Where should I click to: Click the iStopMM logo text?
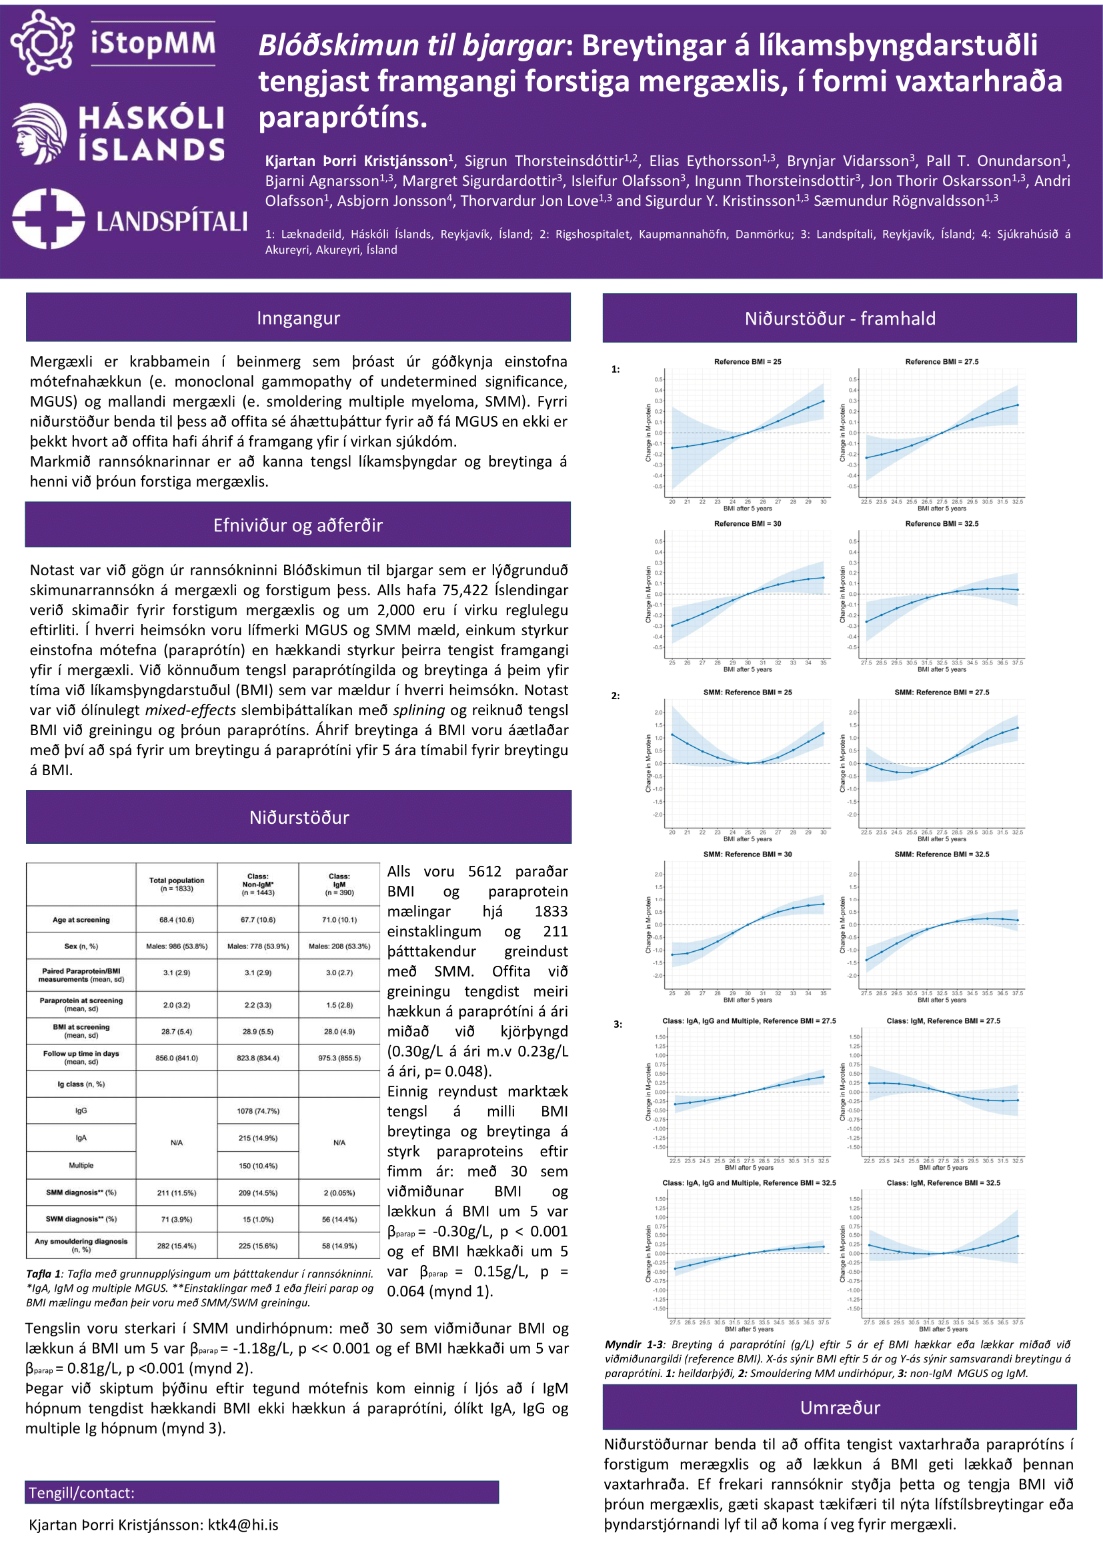[153, 43]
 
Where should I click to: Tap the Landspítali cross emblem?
[47, 219]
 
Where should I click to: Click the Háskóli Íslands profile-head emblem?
[39, 133]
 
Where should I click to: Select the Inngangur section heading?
[298, 318]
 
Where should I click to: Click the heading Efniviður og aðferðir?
[297, 525]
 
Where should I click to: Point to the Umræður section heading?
[840, 1408]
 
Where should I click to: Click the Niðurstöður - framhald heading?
[840, 319]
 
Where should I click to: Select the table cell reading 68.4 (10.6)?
[177, 920]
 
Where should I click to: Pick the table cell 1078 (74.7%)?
[258, 1112]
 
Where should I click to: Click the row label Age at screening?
[81, 920]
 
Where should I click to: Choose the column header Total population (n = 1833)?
[177, 884]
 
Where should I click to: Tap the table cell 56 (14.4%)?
[339, 1220]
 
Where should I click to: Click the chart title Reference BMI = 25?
[747, 362]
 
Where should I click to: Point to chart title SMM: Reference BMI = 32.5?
[942, 854]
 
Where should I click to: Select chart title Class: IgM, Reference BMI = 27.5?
[943, 1020]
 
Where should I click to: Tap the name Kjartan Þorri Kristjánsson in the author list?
[357, 161]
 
